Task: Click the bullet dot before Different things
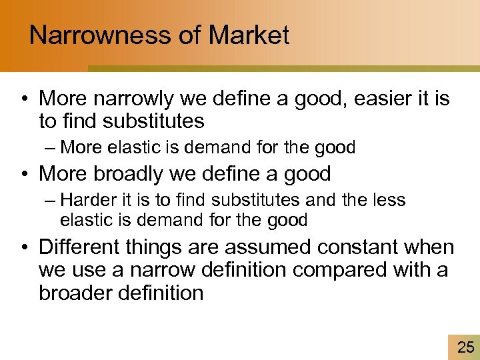click(x=23, y=248)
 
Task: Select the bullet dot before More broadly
click(x=23, y=175)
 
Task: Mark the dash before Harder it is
click(x=51, y=201)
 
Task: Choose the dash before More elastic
click(x=51, y=147)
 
